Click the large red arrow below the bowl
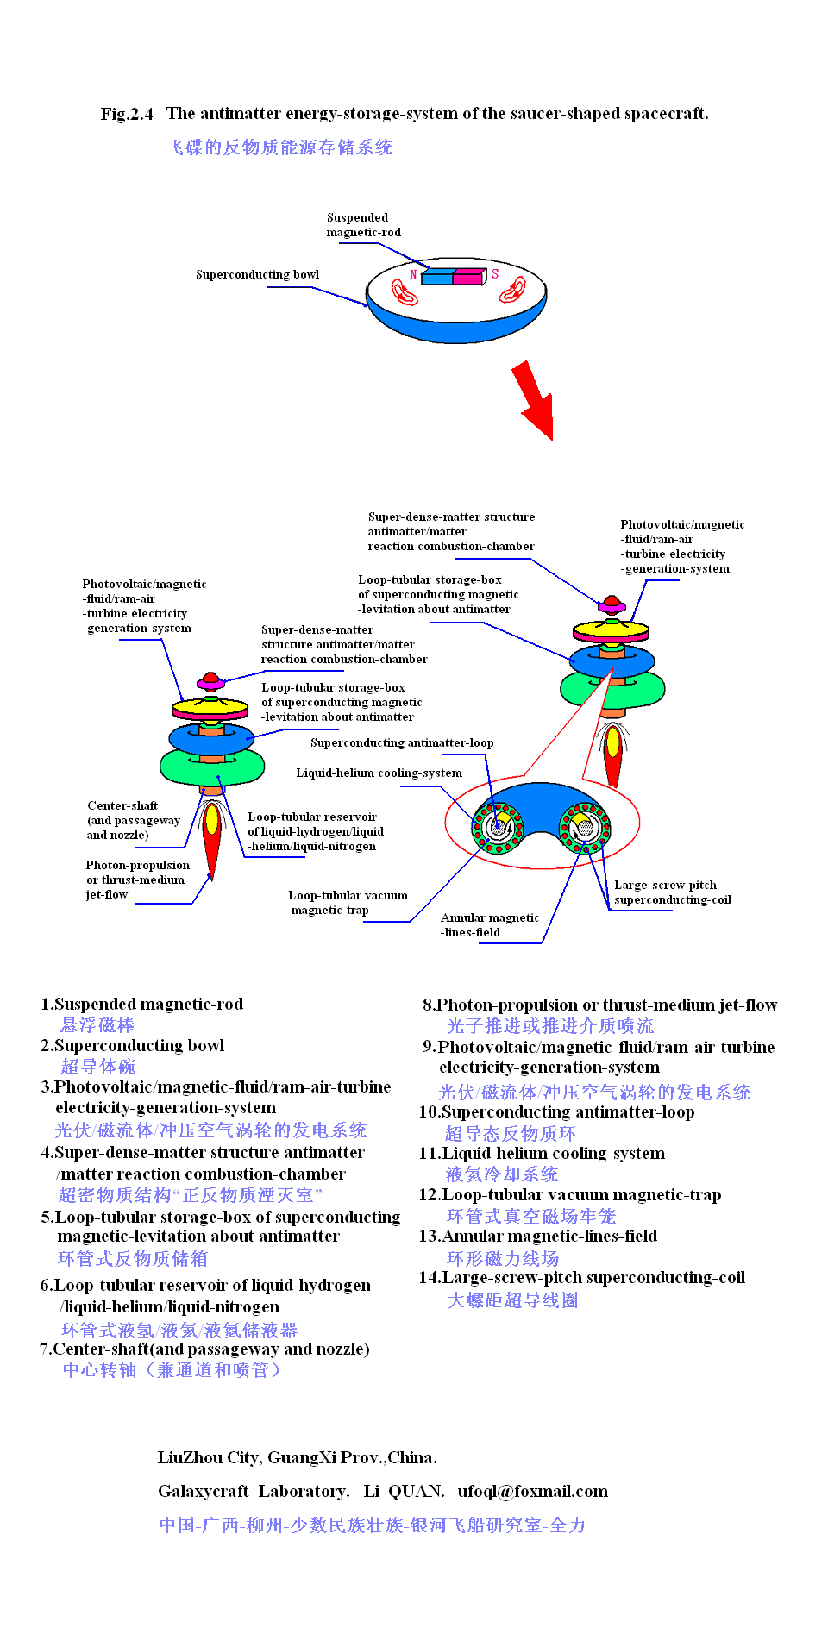pos(534,399)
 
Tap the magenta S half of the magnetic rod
pos(468,276)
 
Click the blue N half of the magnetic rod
pos(437,276)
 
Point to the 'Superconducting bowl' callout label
pos(257,274)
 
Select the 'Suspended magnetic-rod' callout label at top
pos(363,224)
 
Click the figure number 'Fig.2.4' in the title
pos(127,114)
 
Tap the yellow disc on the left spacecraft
pos(210,708)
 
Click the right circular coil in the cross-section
pos(585,826)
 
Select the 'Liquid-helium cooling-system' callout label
pos(379,773)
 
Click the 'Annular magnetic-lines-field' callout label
pos(489,924)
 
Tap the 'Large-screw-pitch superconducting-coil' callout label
pos(672,892)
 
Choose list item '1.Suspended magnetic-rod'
pos(142,1004)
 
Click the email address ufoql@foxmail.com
pos(532,1491)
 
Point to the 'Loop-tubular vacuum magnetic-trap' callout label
pos(348,902)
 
